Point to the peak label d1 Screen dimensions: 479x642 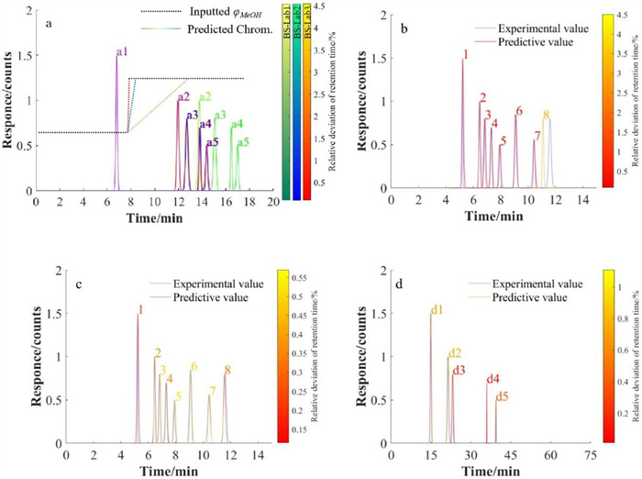click(x=437, y=309)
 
